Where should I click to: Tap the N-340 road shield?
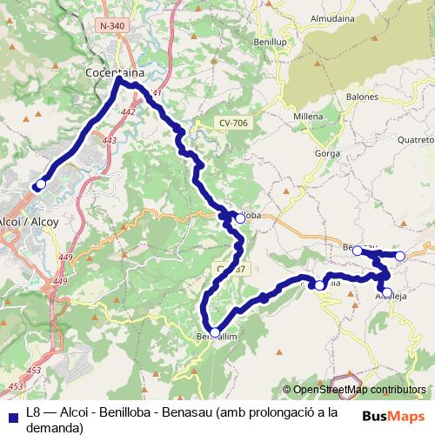click(x=112, y=26)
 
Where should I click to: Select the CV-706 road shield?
click(x=233, y=124)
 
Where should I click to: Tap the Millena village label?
click(x=308, y=116)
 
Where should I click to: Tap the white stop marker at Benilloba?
click(x=240, y=218)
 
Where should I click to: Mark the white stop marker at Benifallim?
click(x=215, y=332)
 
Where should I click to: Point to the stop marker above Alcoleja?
click(x=387, y=292)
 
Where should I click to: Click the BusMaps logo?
click(x=393, y=415)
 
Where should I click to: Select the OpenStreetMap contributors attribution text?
click(x=359, y=390)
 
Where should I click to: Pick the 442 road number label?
click(x=129, y=112)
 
